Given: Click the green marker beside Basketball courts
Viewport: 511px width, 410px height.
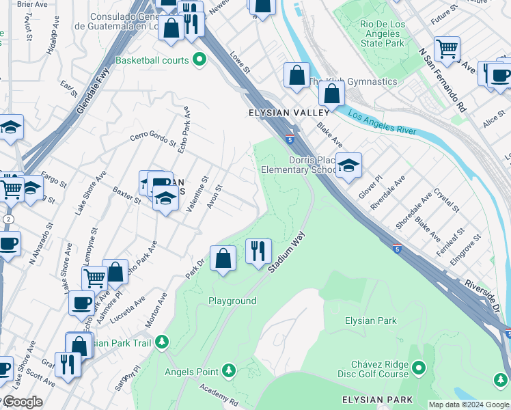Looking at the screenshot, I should (x=199, y=60).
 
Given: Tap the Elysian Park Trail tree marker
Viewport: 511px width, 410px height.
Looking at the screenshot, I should (x=161, y=341).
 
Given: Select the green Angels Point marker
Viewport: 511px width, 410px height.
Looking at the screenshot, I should (x=230, y=371).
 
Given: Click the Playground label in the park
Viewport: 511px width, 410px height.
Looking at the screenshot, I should (x=232, y=301).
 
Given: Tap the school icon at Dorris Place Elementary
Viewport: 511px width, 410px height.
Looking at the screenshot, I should (x=348, y=165).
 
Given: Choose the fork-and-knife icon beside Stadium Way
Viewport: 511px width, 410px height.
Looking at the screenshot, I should (x=258, y=251).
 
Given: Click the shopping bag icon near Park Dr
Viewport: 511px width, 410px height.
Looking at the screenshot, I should (x=223, y=258).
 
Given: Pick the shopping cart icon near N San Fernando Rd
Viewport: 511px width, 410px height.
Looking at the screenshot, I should (x=447, y=49).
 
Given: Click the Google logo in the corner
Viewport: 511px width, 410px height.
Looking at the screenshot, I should (x=23, y=402).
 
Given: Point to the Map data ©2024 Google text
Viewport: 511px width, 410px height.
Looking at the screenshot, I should (x=469, y=405).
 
